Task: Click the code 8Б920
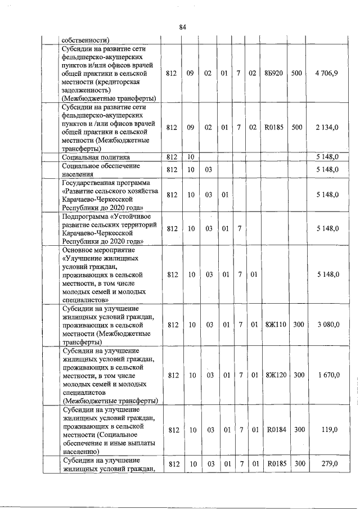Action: tap(273, 73)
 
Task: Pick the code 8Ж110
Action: tap(275, 325)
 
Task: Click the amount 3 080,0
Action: tap(327, 325)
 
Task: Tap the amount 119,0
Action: tap(330, 430)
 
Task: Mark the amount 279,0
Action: tap(330, 463)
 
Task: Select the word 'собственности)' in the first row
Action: tap(86, 39)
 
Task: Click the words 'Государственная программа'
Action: tap(106, 183)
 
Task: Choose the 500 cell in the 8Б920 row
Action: tap(299, 73)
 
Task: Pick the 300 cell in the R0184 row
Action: tap(299, 430)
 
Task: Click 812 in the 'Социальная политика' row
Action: tap(173, 157)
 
